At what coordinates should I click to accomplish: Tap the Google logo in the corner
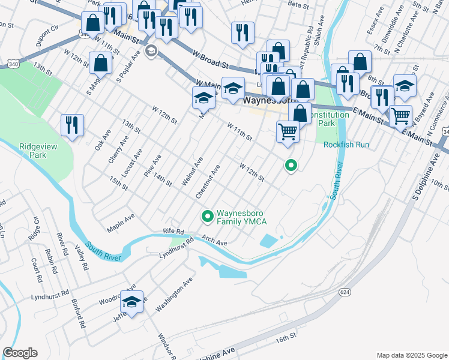pos(20,353)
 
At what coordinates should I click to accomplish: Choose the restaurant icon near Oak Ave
pos(72,125)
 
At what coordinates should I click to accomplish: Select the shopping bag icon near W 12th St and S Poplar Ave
pos(101,64)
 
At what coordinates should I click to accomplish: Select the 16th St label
pos(286,338)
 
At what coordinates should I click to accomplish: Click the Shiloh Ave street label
pos(319,37)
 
